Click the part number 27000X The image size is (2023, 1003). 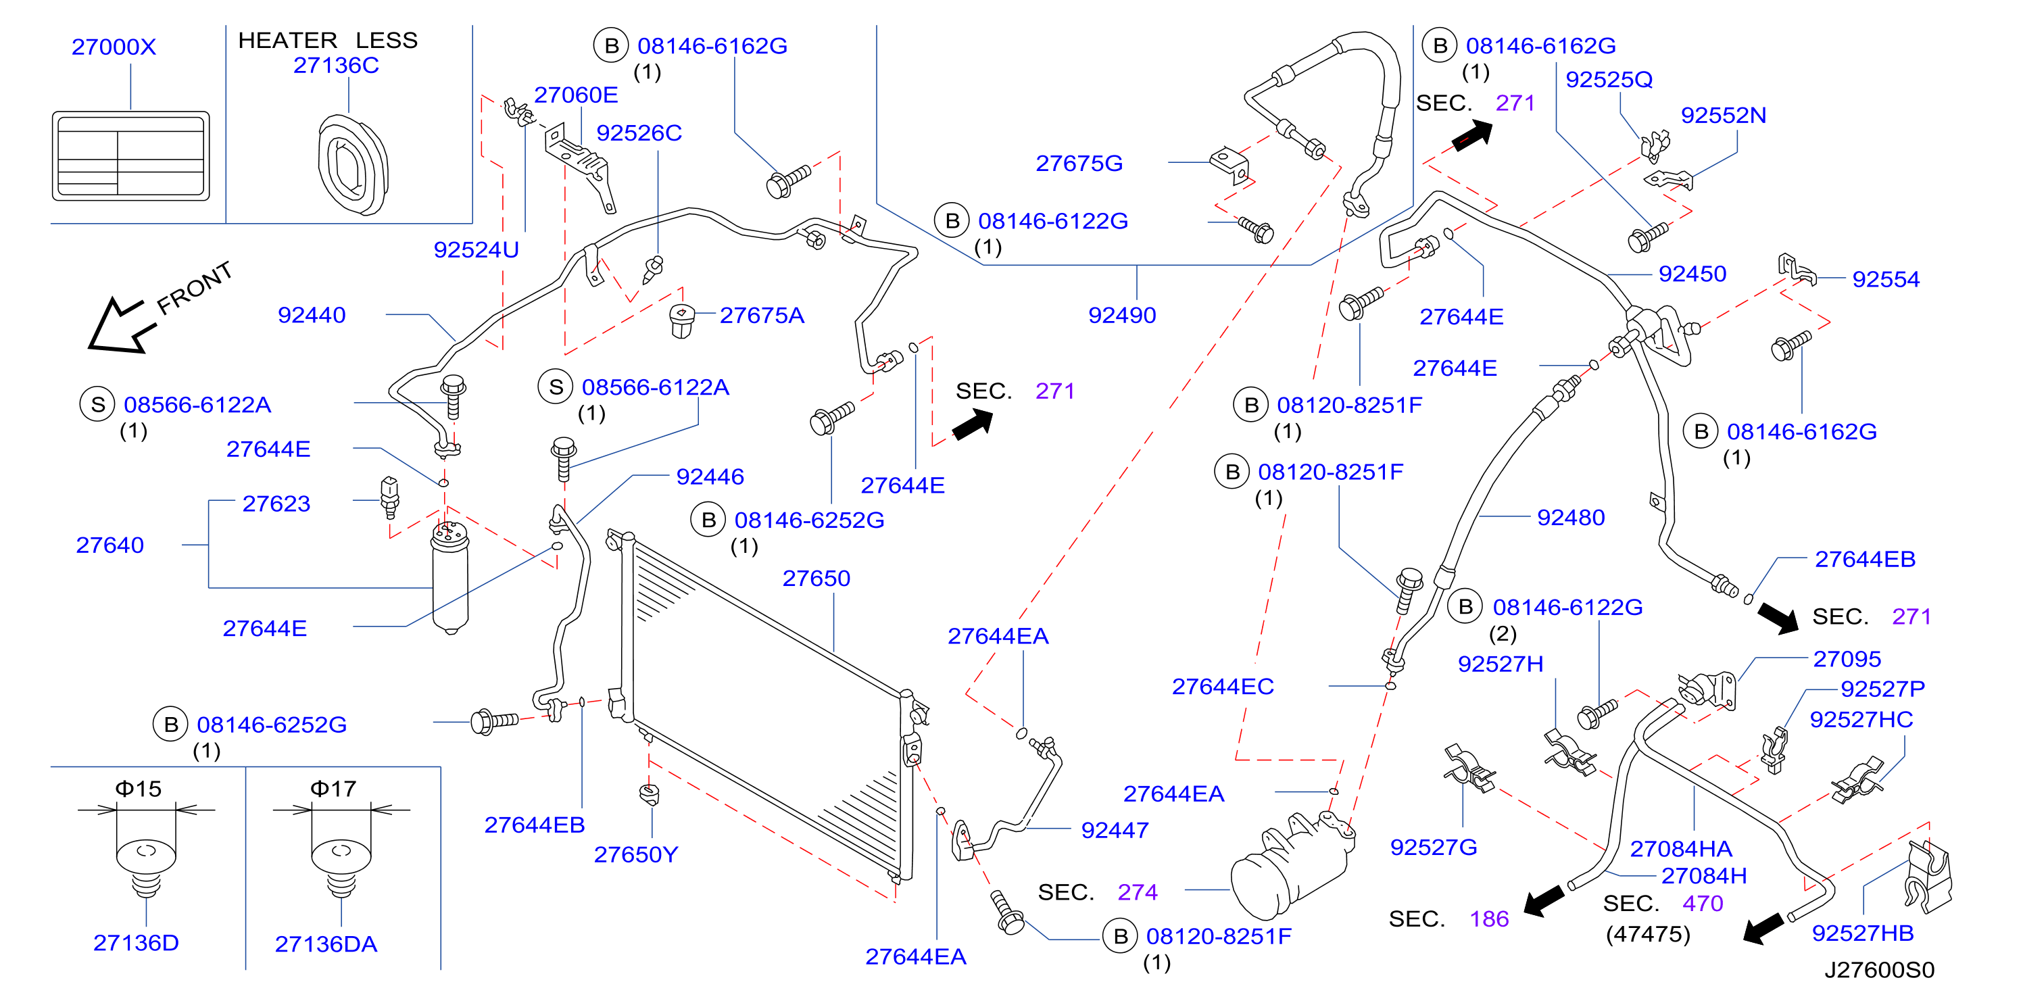tap(114, 47)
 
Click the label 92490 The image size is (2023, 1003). tap(1122, 315)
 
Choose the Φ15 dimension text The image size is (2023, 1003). tap(138, 789)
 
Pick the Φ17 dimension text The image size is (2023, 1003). tap(334, 789)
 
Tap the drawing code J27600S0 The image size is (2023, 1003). tap(1879, 970)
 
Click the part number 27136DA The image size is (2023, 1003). tap(326, 944)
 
